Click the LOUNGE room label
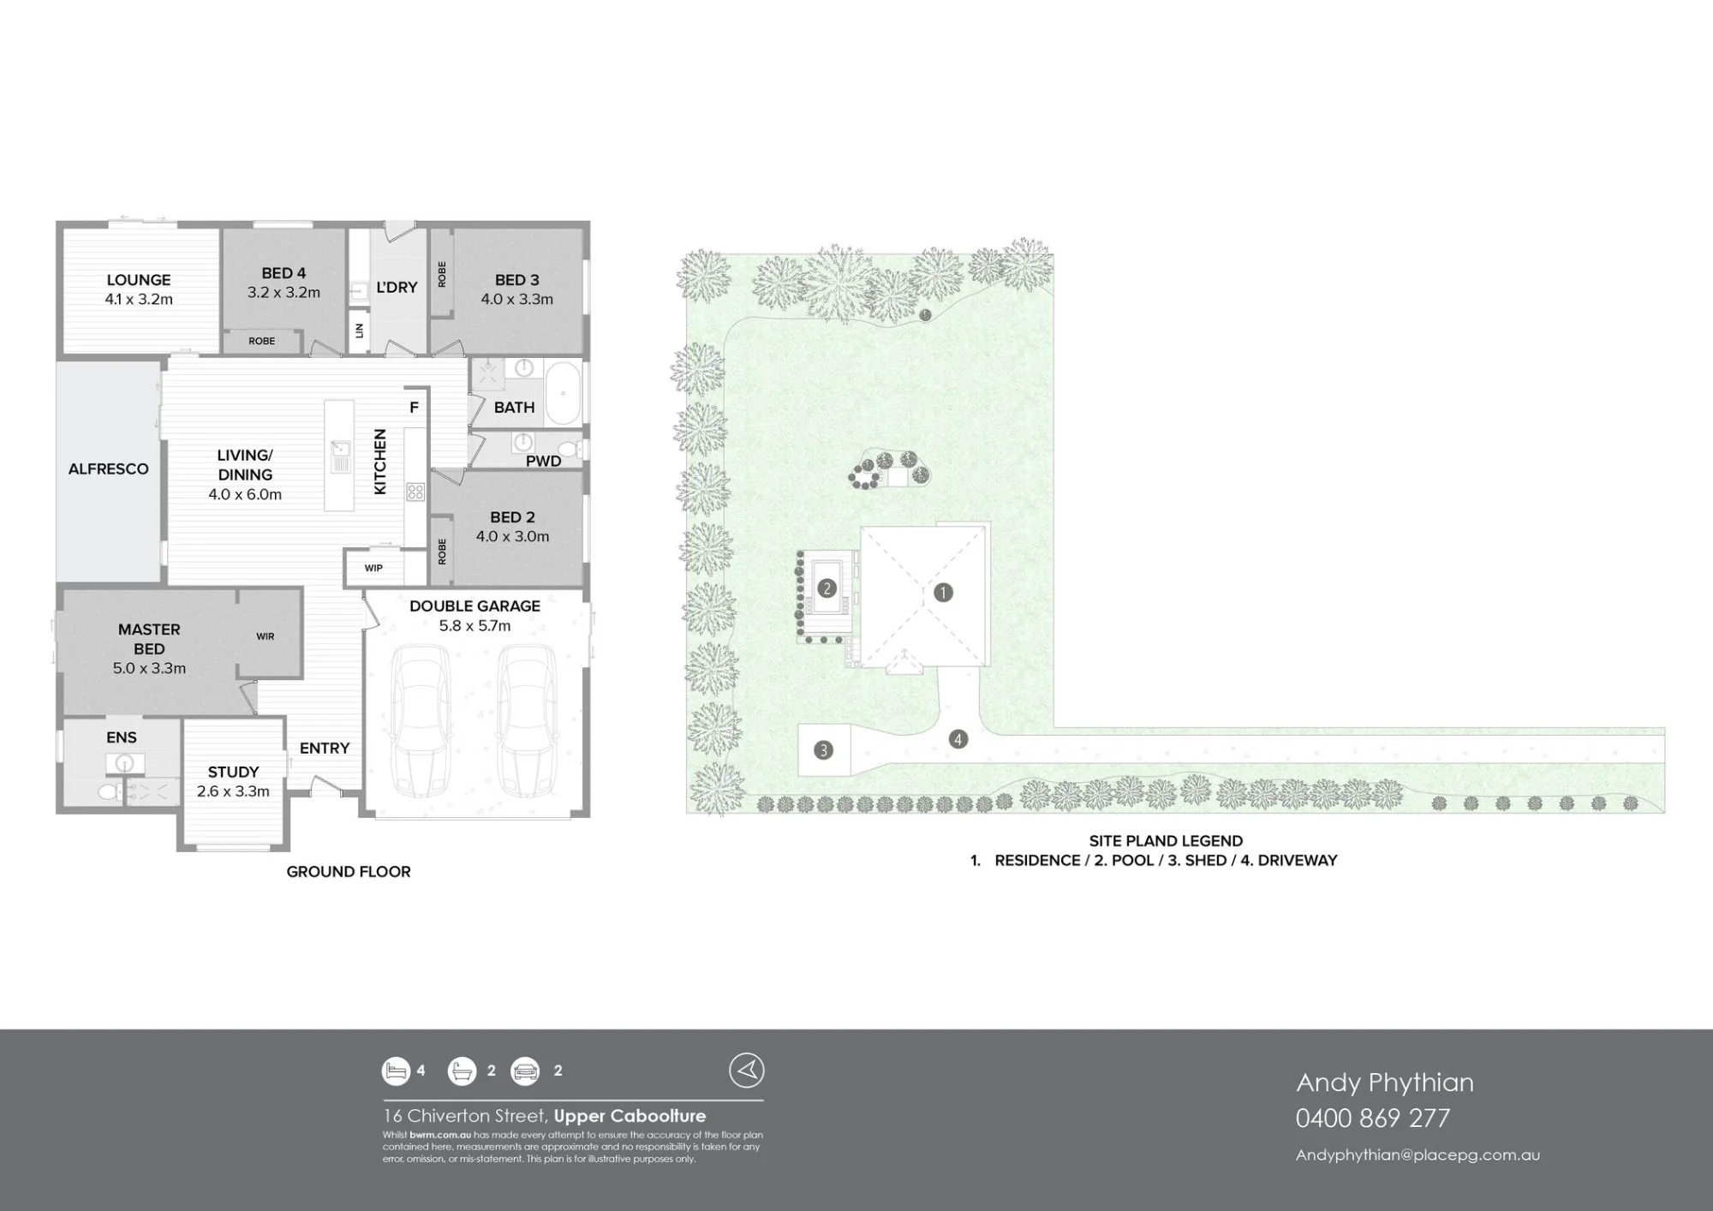(139, 280)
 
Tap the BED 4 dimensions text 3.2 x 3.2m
(284, 293)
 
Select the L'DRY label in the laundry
(397, 287)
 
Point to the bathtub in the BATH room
(563, 394)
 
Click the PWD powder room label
(543, 462)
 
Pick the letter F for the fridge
(414, 408)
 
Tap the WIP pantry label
(373, 568)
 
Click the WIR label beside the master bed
(266, 636)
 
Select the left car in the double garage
(420, 720)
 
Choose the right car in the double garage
(528, 720)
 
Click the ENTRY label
(325, 749)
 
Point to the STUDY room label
(233, 772)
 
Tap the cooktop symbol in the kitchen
(415, 492)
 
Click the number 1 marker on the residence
(943, 593)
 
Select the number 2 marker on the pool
(827, 588)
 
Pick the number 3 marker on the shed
(823, 750)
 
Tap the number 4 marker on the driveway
(958, 739)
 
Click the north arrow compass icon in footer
(747, 1071)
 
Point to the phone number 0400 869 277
(1373, 1118)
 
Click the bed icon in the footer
(397, 1071)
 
